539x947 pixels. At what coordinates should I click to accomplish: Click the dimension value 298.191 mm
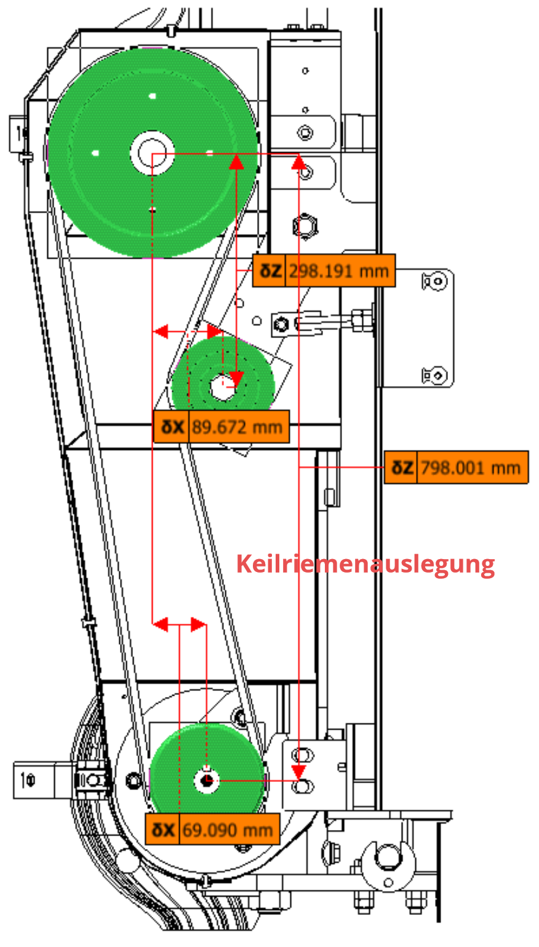coord(339,271)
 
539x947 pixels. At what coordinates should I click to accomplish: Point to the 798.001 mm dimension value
coord(471,467)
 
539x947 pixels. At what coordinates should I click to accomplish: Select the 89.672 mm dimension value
coord(237,426)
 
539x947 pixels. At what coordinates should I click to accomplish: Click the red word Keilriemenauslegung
coord(365,563)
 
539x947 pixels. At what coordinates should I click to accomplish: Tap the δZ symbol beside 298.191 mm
coord(269,271)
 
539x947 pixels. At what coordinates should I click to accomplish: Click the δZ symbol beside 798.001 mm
coord(402,467)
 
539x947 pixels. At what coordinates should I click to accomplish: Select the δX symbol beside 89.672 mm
coord(172,426)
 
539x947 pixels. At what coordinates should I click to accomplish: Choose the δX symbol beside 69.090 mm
coord(164,829)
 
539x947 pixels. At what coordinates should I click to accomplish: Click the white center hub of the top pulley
coord(152,152)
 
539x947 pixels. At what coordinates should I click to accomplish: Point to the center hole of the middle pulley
coord(223,387)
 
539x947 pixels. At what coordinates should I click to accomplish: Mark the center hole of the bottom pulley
coord(207,780)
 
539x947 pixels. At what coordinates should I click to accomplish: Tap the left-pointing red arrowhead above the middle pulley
coord(160,332)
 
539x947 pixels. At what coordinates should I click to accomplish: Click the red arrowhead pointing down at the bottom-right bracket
coord(299,773)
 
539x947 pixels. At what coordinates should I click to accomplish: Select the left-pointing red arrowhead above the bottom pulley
coord(160,625)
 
